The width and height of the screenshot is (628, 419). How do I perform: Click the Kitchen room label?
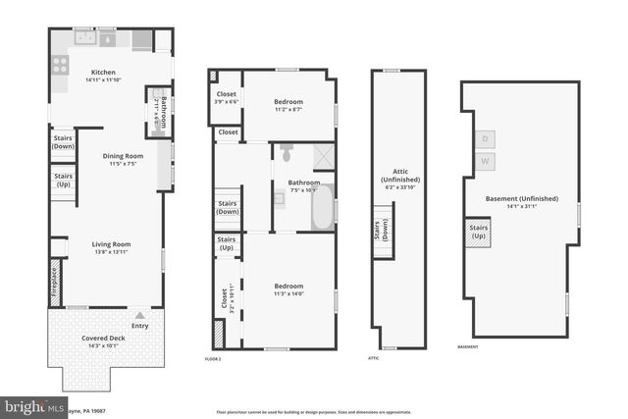point(104,73)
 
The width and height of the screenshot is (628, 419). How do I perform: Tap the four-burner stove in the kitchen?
point(59,65)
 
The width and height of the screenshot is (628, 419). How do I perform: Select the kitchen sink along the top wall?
point(85,39)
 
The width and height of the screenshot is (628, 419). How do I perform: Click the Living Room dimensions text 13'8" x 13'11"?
point(111,253)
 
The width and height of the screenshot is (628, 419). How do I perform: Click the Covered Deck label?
point(100,338)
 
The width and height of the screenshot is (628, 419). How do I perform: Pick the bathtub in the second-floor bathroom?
point(322,208)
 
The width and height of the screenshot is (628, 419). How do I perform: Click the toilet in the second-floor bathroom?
point(286,154)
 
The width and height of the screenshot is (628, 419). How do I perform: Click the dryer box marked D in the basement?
point(485,139)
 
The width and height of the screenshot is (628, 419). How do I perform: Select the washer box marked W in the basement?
point(485,160)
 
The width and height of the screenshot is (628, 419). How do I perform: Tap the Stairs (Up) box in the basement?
point(479,233)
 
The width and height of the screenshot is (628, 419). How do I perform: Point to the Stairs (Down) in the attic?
point(379,229)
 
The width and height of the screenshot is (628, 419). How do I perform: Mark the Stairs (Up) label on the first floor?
point(63,181)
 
